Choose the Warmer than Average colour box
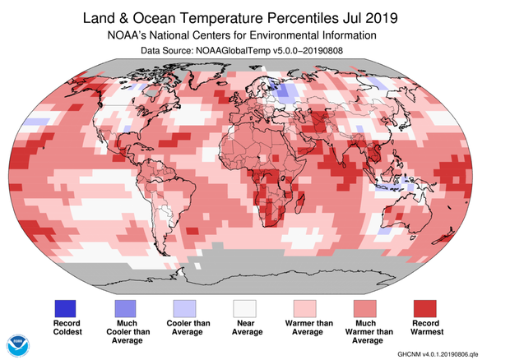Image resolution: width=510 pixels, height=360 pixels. coord(305,308)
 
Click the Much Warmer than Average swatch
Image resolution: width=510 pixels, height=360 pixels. coord(364,308)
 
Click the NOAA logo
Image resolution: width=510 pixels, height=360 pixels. coord(18,344)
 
